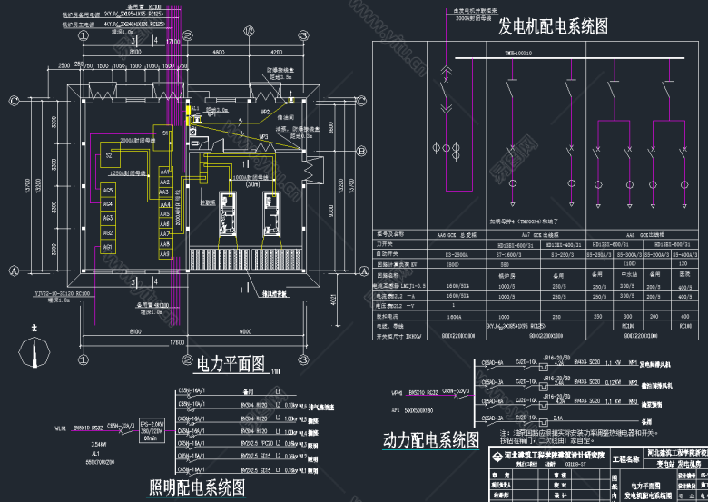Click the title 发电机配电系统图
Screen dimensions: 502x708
(552, 26)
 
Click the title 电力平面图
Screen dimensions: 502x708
(230, 365)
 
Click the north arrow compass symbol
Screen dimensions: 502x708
(34, 348)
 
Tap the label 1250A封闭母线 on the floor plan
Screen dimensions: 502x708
(128, 170)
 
